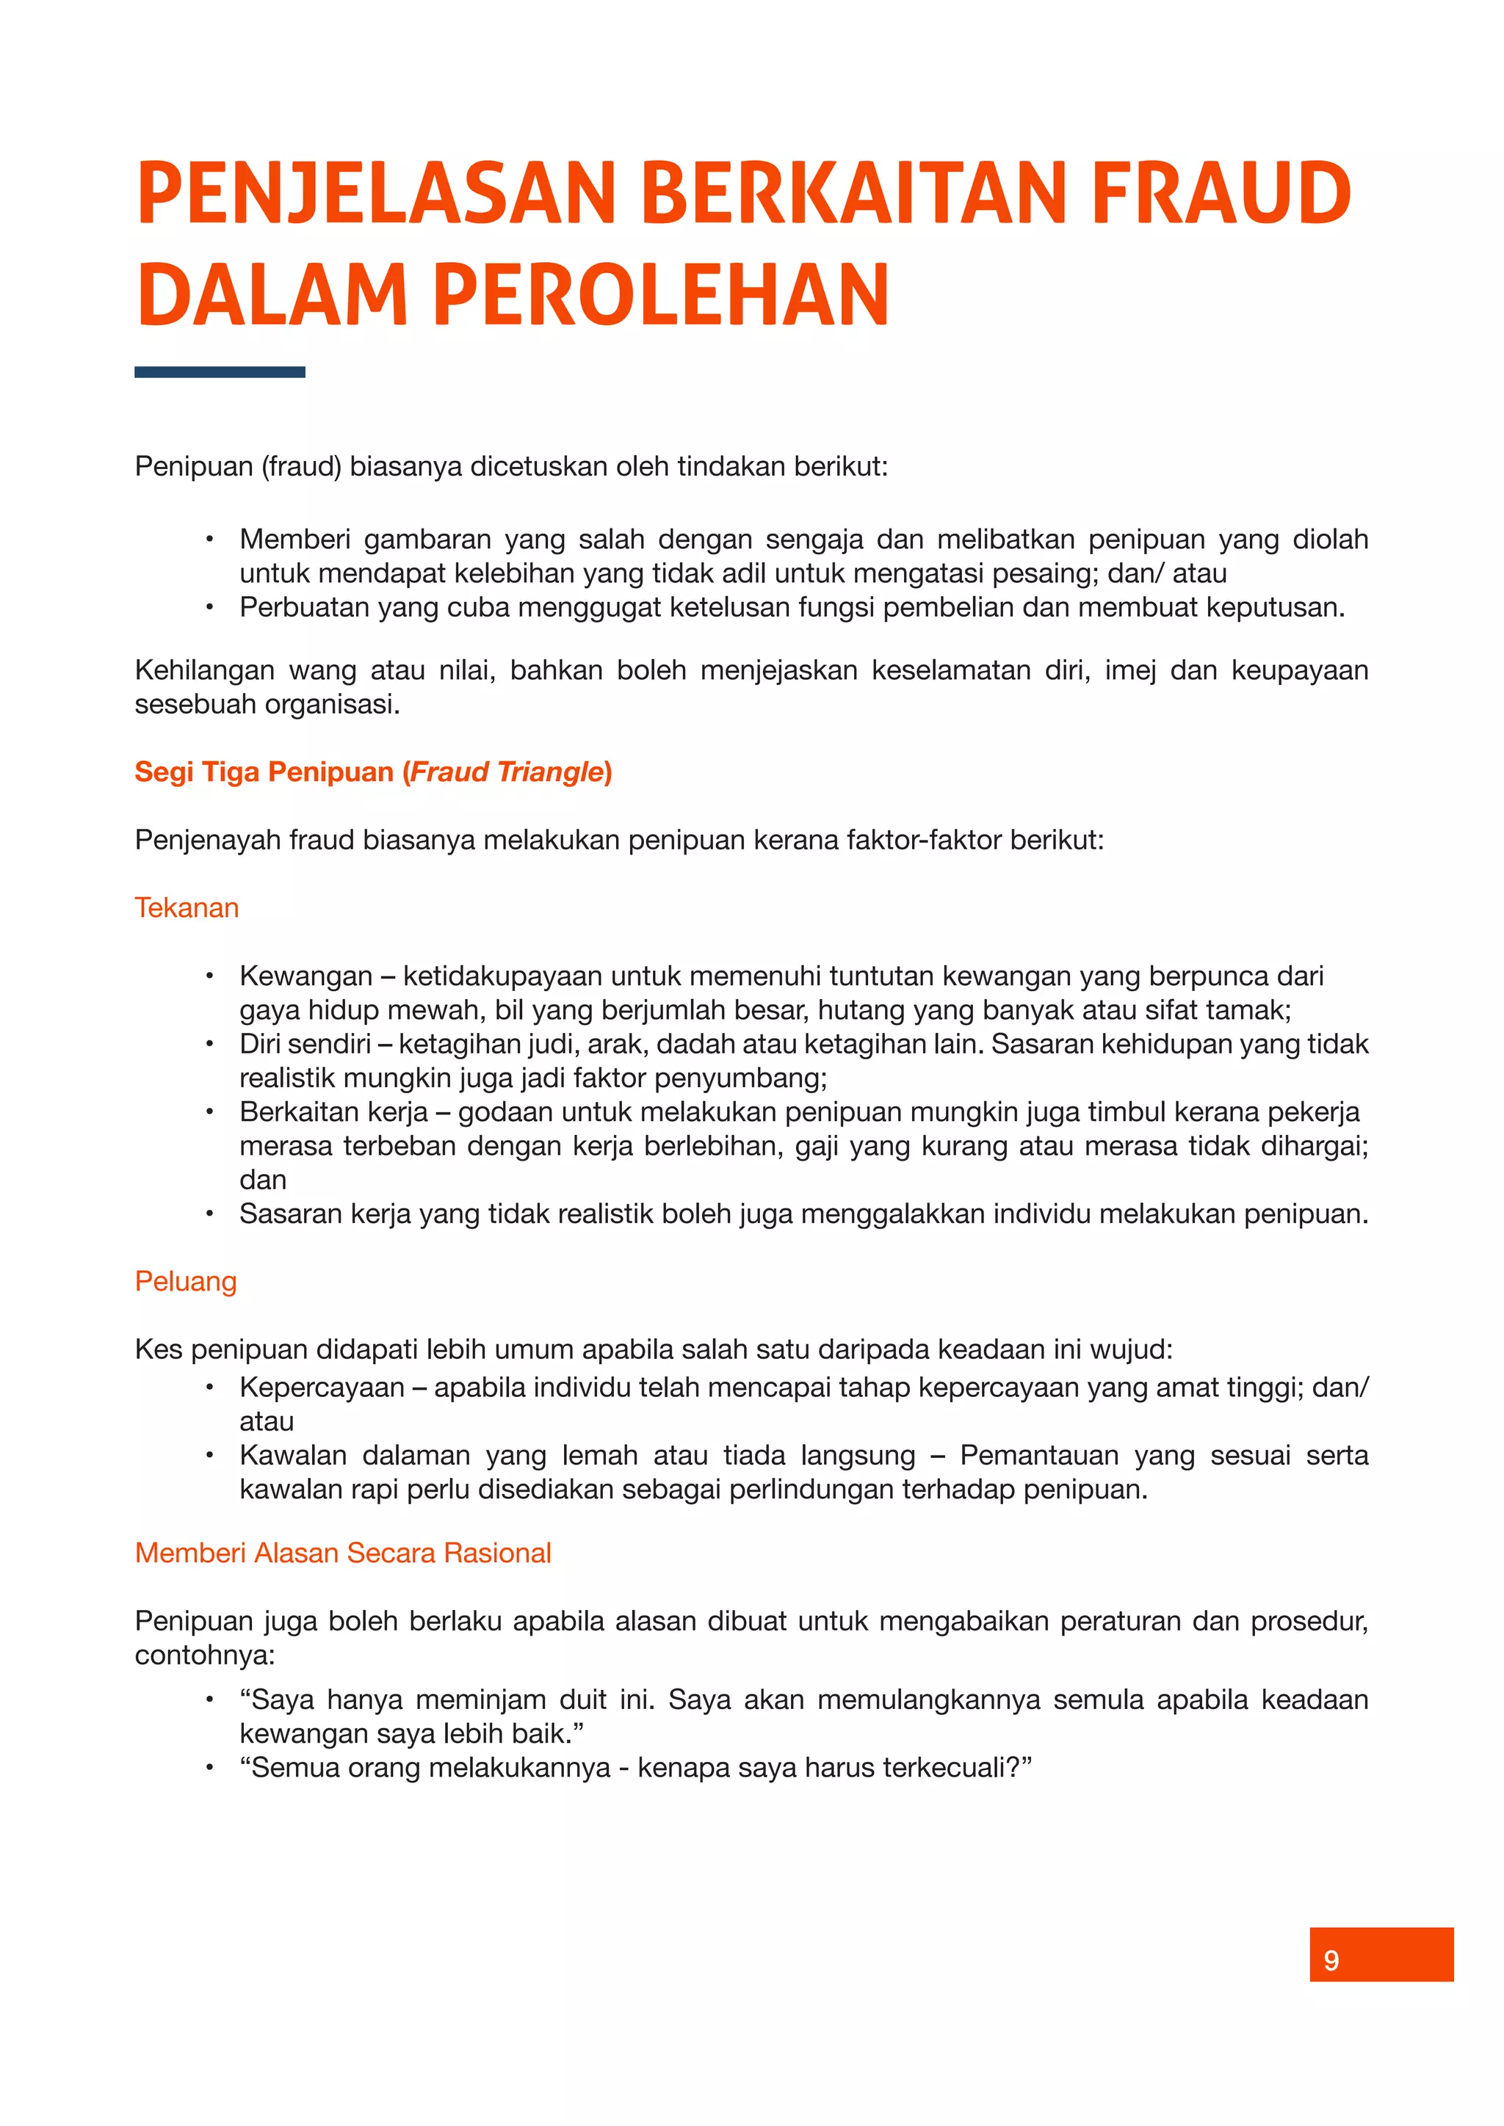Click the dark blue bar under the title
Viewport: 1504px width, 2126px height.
220,372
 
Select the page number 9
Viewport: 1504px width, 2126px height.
1331,1960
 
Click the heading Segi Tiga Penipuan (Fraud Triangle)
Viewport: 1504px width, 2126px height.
373,772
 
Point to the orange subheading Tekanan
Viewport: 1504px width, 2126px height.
186,907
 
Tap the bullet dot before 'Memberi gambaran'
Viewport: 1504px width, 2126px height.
210,539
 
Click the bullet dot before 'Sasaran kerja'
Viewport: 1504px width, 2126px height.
210,1214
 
